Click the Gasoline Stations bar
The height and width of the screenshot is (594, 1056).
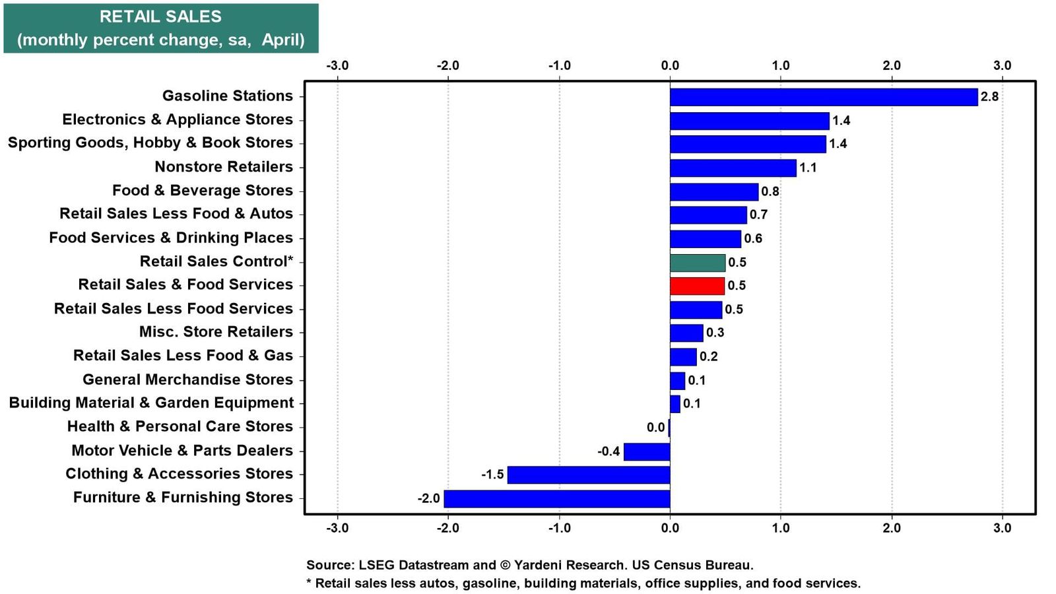(x=824, y=97)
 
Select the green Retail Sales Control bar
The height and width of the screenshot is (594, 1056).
(x=698, y=263)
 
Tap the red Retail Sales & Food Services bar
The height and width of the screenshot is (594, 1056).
(x=697, y=286)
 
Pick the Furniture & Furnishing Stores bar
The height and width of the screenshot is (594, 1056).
(x=557, y=499)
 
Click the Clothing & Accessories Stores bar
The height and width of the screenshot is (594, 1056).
(x=588, y=475)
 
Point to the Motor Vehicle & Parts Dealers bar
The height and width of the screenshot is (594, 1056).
(x=647, y=451)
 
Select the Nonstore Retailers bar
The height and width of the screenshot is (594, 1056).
(x=733, y=168)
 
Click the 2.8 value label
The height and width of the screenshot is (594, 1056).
(x=989, y=96)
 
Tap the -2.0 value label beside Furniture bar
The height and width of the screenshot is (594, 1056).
(x=428, y=498)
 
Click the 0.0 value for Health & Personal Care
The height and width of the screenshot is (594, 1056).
(x=656, y=428)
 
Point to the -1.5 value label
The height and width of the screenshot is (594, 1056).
(x=492, y=475)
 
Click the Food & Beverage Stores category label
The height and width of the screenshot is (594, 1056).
(x=203, y=191)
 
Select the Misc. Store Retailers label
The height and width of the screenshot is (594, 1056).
(x=216, y=332)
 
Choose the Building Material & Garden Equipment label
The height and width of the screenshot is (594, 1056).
(x=151, y=403)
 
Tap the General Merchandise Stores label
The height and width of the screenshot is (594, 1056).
(x=187, y=379)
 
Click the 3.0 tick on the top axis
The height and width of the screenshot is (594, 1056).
(x=1003, y=65)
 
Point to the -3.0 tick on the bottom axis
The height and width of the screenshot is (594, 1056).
(x=337, y=527)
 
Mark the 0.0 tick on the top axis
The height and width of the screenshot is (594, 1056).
(x=670, y=65)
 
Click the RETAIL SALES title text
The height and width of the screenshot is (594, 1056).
(x=161, y=17)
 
